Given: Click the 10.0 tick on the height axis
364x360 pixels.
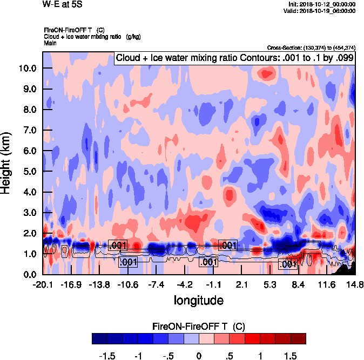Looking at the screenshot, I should tap(28, 68).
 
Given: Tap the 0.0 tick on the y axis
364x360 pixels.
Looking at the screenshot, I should tap(30, 274).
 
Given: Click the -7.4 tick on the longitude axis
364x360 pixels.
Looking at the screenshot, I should tap(157, 284).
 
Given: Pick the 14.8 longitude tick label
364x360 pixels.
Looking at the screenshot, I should tap(355, 284).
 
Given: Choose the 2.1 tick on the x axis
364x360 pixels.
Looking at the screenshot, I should tap(242, 284).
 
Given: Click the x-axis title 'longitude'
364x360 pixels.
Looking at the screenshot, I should tap(199, 300).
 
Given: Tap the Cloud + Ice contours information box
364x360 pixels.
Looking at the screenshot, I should tap(235, 58).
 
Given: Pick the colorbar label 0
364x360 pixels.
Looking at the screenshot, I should tap(199, 356).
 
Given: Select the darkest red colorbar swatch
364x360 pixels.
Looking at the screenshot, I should tap(298, 339).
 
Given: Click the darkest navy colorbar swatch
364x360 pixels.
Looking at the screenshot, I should tap(99, 339).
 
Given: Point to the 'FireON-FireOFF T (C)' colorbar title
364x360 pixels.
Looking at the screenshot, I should tap(199, 327).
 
